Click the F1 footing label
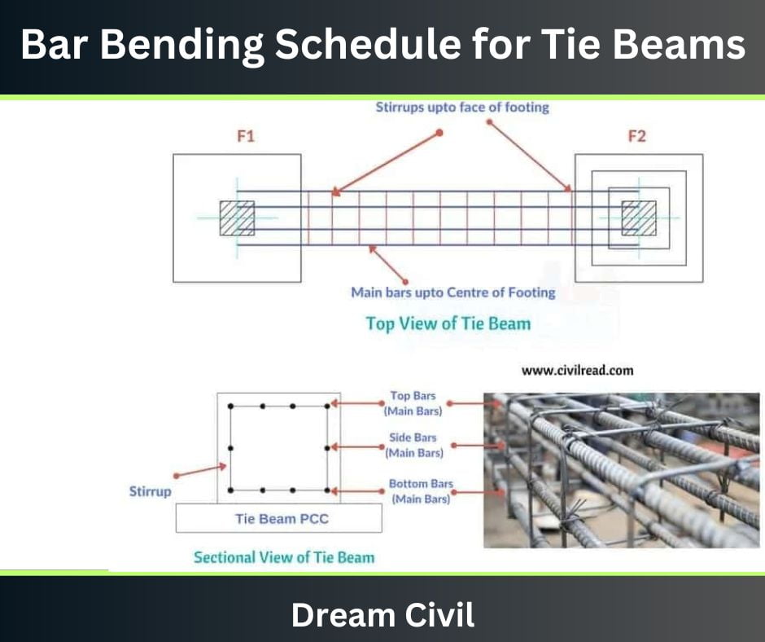246,137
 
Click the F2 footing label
636,137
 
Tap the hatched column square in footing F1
237,218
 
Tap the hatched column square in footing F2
639,218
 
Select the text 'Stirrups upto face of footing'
462,107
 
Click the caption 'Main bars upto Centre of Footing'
452,292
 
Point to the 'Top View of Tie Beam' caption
448,323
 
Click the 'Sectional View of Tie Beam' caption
284,557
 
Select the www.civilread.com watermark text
577,370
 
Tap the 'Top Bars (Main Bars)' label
413,403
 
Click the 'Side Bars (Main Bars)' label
413,445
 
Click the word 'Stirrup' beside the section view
151,491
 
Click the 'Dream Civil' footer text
382,614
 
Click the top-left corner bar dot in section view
231,405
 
